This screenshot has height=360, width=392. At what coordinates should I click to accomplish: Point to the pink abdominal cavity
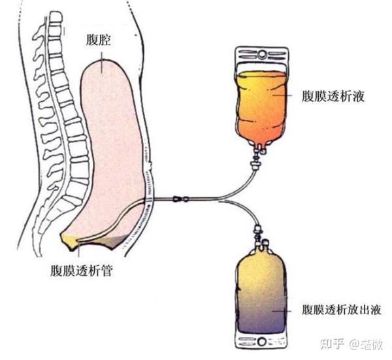pyautogui.click(x=111, y=144)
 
